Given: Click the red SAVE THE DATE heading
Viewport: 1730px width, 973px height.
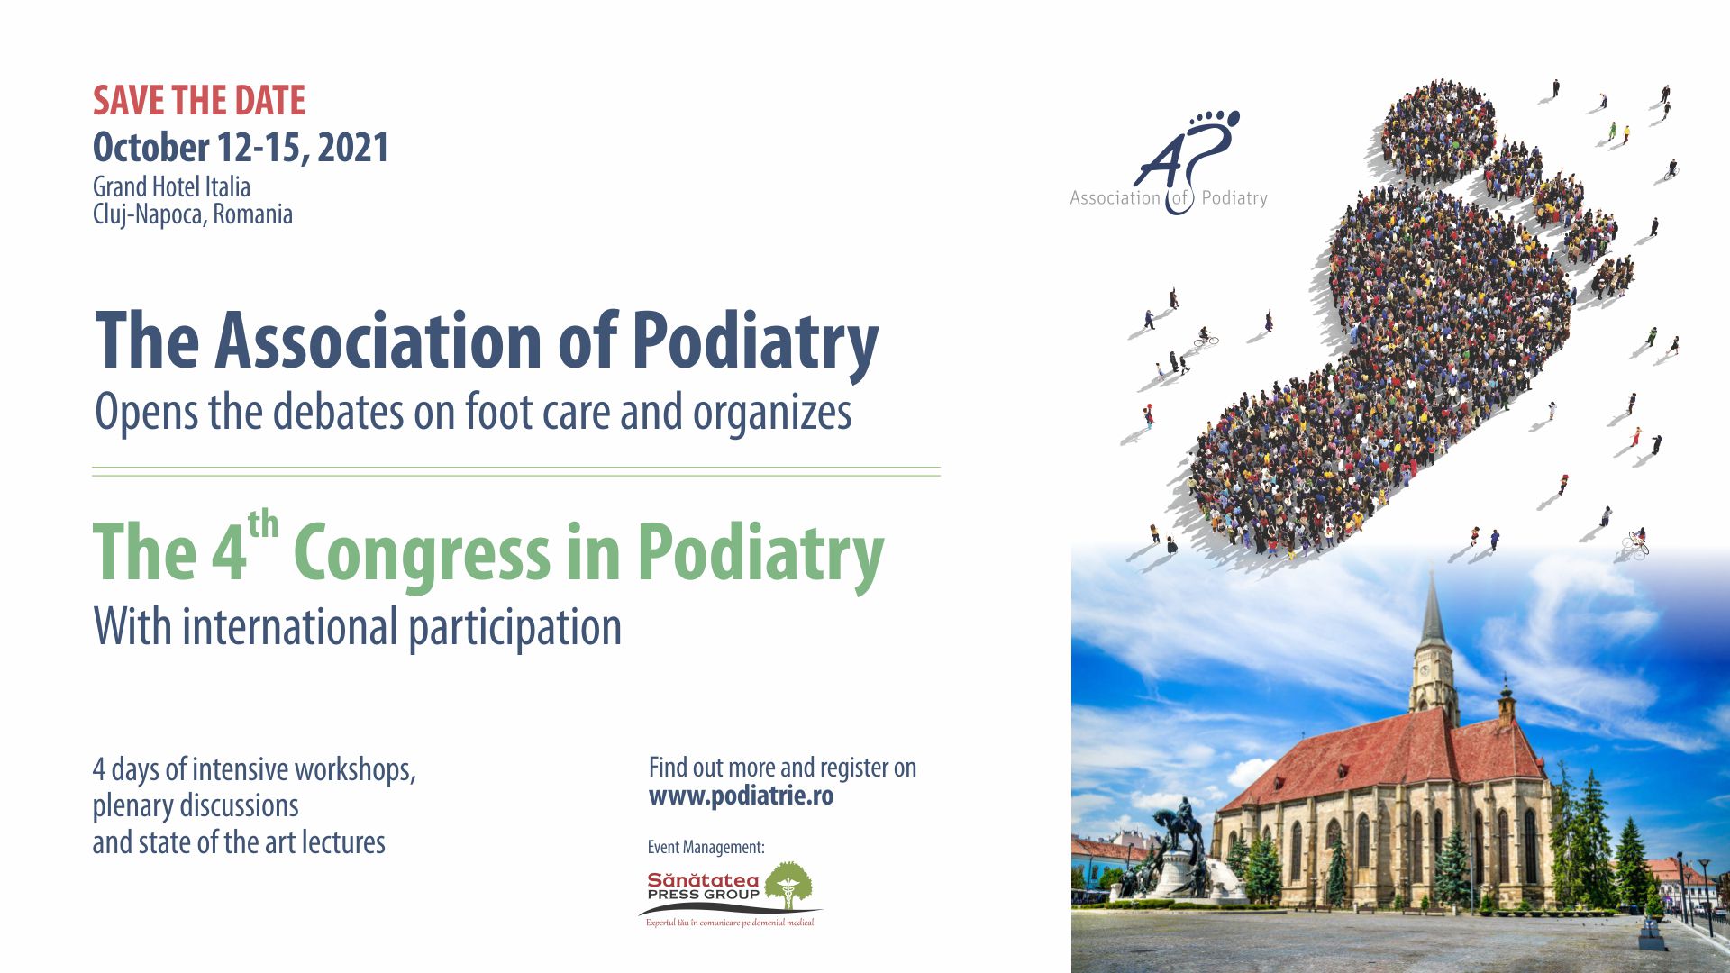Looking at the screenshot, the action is click(199, 101).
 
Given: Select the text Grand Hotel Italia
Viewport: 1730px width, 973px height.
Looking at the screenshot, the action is click(171, 186).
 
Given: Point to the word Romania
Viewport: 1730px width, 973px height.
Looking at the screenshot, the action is click(252, 214).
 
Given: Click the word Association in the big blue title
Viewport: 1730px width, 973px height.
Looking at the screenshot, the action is click(378, 340).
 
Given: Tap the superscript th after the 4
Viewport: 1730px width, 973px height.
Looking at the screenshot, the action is click(263, 524).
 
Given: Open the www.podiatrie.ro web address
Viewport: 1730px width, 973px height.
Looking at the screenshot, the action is click(741, 796).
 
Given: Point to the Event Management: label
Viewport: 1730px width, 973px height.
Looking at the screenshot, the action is click(706, 848).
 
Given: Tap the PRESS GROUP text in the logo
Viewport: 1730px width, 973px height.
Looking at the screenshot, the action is click(703, 895).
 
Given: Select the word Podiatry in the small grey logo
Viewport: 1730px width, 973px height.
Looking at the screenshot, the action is click(1234, 198).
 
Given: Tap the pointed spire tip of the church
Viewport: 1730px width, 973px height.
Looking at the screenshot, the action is click(1432, 568).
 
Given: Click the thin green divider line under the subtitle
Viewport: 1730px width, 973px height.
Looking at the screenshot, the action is click(516, 471).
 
